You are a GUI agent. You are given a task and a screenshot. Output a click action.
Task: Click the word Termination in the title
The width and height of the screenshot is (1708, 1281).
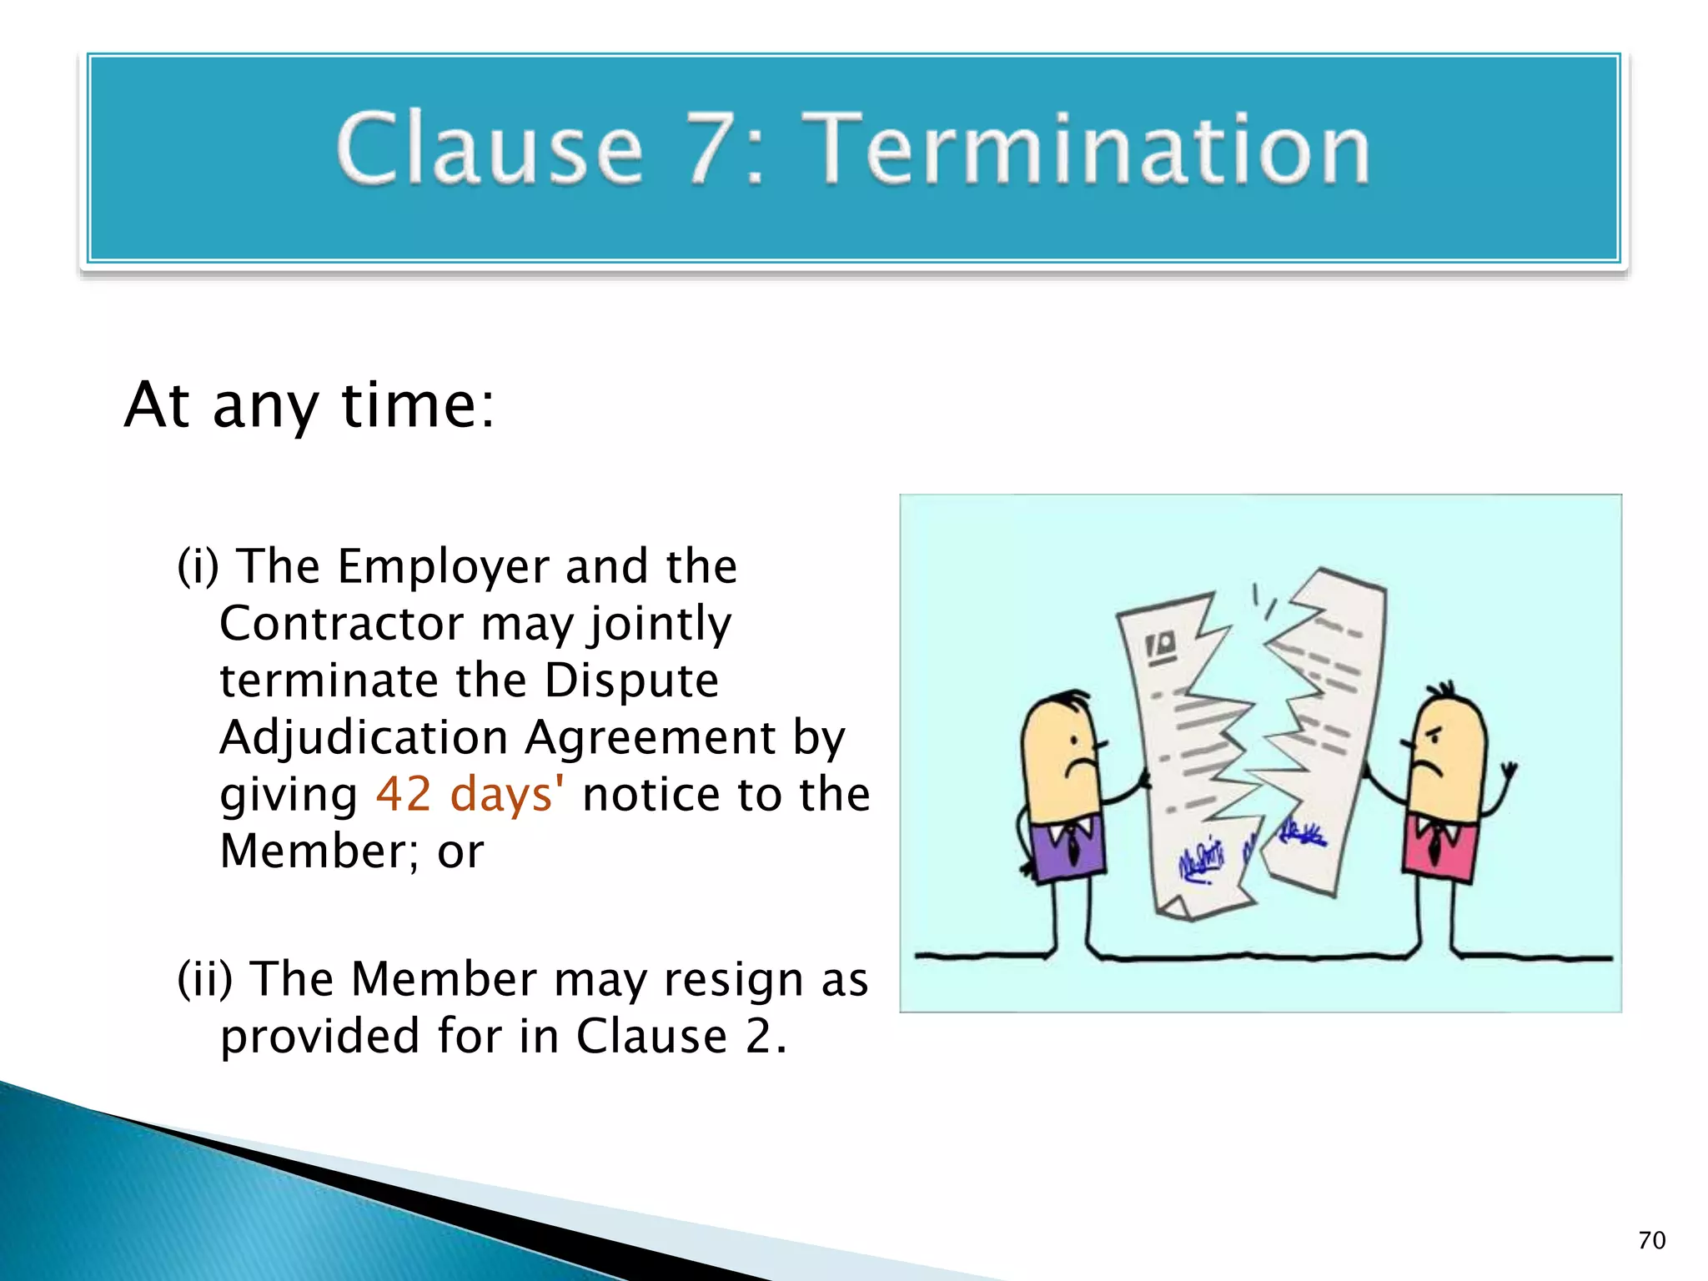1091,150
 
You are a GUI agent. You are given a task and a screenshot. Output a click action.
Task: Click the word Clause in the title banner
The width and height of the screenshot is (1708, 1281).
490,150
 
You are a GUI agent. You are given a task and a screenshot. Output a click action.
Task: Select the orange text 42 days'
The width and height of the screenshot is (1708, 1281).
470,794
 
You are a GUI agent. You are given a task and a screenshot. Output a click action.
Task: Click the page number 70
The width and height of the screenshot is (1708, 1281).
1651,1241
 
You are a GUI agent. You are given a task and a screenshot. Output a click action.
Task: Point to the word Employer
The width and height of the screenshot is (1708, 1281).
444,567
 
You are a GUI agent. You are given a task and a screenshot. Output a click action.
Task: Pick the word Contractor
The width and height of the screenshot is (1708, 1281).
342,624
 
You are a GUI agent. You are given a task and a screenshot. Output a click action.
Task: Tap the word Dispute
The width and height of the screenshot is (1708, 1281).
631,681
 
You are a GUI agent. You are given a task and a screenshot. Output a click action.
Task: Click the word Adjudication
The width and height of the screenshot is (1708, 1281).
364,737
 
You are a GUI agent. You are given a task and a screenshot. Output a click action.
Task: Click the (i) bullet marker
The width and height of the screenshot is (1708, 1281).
198,567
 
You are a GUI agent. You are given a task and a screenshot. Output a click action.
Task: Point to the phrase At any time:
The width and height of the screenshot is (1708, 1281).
309,405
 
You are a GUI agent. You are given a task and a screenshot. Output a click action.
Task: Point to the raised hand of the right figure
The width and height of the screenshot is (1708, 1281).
1508,771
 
